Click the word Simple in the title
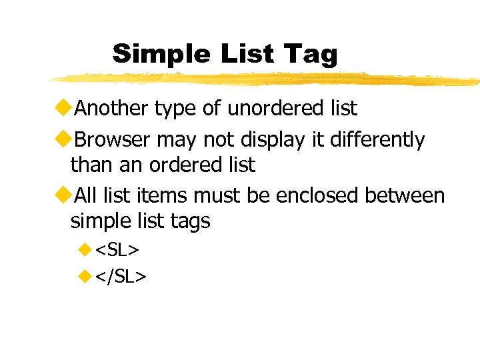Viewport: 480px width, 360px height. (x=150, y=53)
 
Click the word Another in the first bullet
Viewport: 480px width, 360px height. (x=111, y=107)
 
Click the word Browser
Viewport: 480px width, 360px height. (x=112, y=140)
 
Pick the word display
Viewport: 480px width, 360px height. (x=270, y=140)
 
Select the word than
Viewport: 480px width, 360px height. (x=89, y=164)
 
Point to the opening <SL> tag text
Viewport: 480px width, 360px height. (x=117, y=250)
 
